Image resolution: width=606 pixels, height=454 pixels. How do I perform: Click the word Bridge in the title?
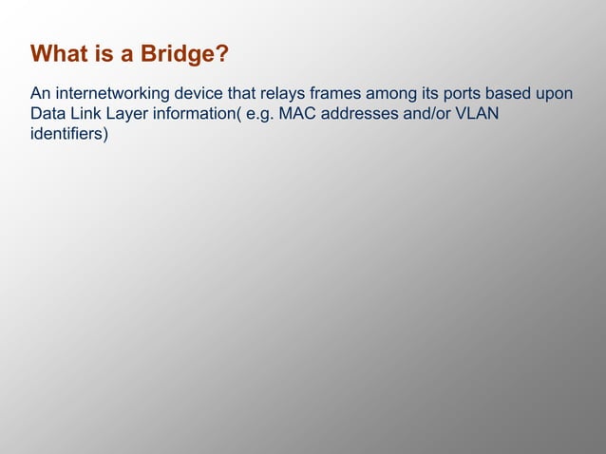(179, 54)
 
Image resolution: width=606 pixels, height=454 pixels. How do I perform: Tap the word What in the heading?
(60, 54)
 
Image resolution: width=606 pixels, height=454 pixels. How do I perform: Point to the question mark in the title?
(222, 54)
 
